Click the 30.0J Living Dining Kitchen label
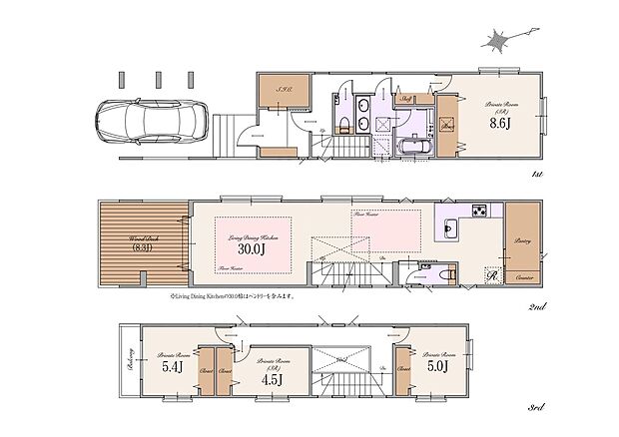pos(247,249)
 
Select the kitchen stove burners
pos(479,210)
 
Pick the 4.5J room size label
pos(271,377)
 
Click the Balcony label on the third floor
pos(130,363)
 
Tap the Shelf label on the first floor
pos(408,99)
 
